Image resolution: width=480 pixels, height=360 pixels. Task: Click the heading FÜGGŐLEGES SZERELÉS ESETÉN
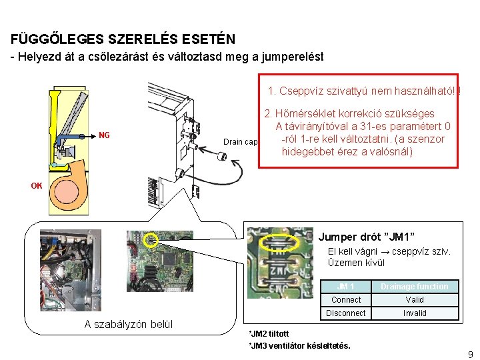[x=123, y=39]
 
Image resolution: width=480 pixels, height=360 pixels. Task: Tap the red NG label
[x=104, y=135]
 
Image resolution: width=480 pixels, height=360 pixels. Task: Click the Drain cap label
[x=240, y=142]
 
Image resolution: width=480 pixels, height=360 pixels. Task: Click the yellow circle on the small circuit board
[x=151, y=240]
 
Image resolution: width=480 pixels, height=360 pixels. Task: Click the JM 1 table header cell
[x=346, y=287]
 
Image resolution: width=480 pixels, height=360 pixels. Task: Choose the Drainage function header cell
[x=415, y=287]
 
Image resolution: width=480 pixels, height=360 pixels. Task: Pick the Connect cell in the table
[x=346, y=300]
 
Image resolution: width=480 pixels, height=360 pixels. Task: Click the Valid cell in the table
[x=415, y=300]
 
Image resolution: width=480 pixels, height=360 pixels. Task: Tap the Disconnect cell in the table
[x=346, y=313]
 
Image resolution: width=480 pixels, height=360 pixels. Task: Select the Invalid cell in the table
[x=415, y=313]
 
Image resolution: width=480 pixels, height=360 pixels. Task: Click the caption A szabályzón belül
[x=128, y=325]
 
